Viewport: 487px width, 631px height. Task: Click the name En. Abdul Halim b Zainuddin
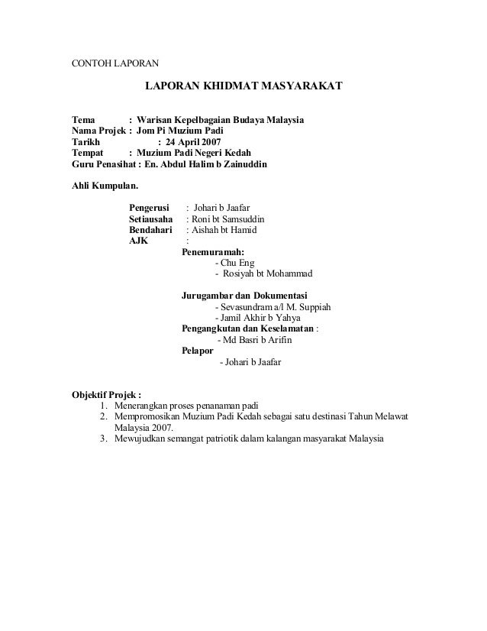[x=205, y=163]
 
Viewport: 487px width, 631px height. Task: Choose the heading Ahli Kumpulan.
[x=105, y=185]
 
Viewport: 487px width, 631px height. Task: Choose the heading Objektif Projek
[x=106, y=395]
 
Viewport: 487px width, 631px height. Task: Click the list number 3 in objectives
[x=103, y=439]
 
